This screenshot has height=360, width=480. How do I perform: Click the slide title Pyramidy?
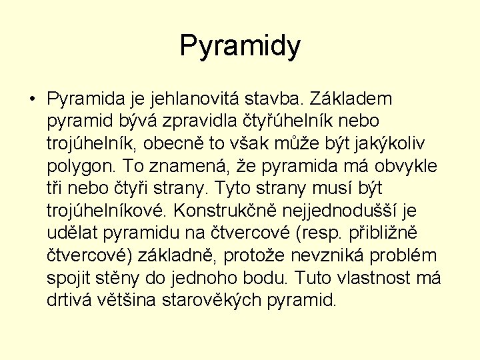[x=240, y=46]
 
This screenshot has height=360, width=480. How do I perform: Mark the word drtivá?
[x=69, y=300]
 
